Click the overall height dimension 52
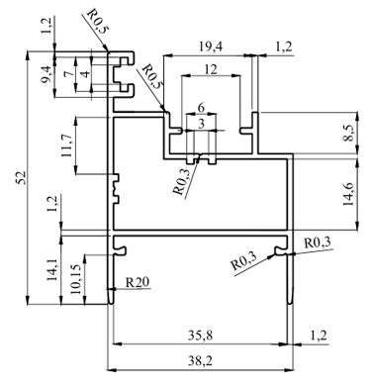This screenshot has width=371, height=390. pos(21,178)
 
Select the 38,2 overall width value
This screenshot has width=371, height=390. pos(201,361)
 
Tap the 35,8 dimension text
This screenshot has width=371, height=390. pos(201,336)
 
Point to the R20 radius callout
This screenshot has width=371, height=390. pos(138,282)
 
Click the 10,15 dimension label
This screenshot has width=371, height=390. pos(76,279)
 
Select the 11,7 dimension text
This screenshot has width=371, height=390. pos(68,146)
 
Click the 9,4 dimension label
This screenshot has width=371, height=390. pos(46,74)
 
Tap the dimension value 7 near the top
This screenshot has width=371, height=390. pos(68,73)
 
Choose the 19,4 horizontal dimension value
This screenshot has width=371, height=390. pos(211,47)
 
